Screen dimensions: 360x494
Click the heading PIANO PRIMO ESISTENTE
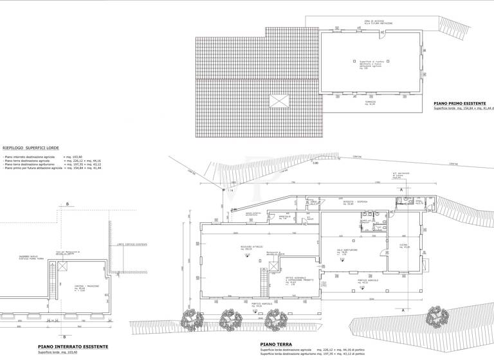coord(459,103)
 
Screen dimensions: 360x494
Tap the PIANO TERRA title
coord(276,344)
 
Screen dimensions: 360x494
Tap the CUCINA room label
coord(405,246)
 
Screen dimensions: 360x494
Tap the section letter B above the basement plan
coord(67,204)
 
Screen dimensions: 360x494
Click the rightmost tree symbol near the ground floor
coord(439,315)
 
